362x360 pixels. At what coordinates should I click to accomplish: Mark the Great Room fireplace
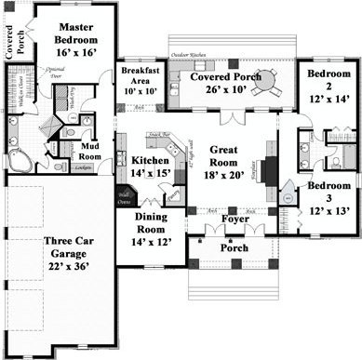click(x=268, y=169)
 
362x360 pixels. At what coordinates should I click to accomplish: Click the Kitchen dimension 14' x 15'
click(x=150, y=173)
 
